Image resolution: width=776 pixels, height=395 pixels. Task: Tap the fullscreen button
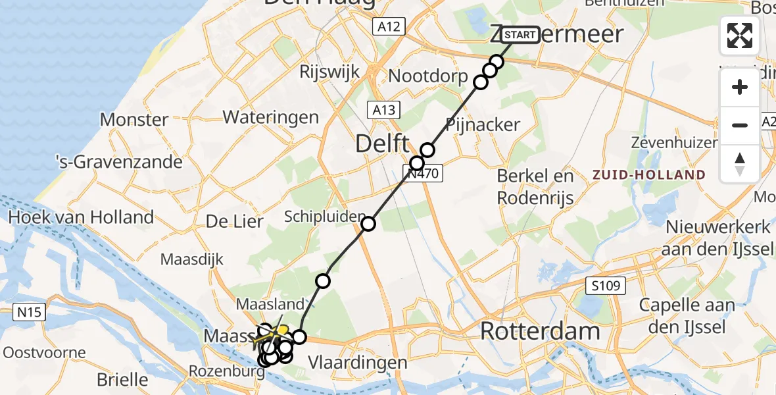click(x=740, y=36)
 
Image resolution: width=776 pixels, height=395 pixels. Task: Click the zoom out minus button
click(x=740, y=125)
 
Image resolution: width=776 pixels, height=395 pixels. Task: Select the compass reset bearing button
click(x=740, y=163)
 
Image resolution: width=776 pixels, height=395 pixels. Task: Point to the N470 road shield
click(x=424, y=174)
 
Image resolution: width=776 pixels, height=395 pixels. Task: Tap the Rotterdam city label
click(x=541, y=331)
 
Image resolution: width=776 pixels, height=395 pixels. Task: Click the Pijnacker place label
click(x=483, y=124)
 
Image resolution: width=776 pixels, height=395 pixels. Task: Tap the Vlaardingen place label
click(x=358, y=362)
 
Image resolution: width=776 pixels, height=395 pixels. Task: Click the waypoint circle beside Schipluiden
click(x=368, y=224)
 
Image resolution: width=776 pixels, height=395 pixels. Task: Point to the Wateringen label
click(x=271, y=117)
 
